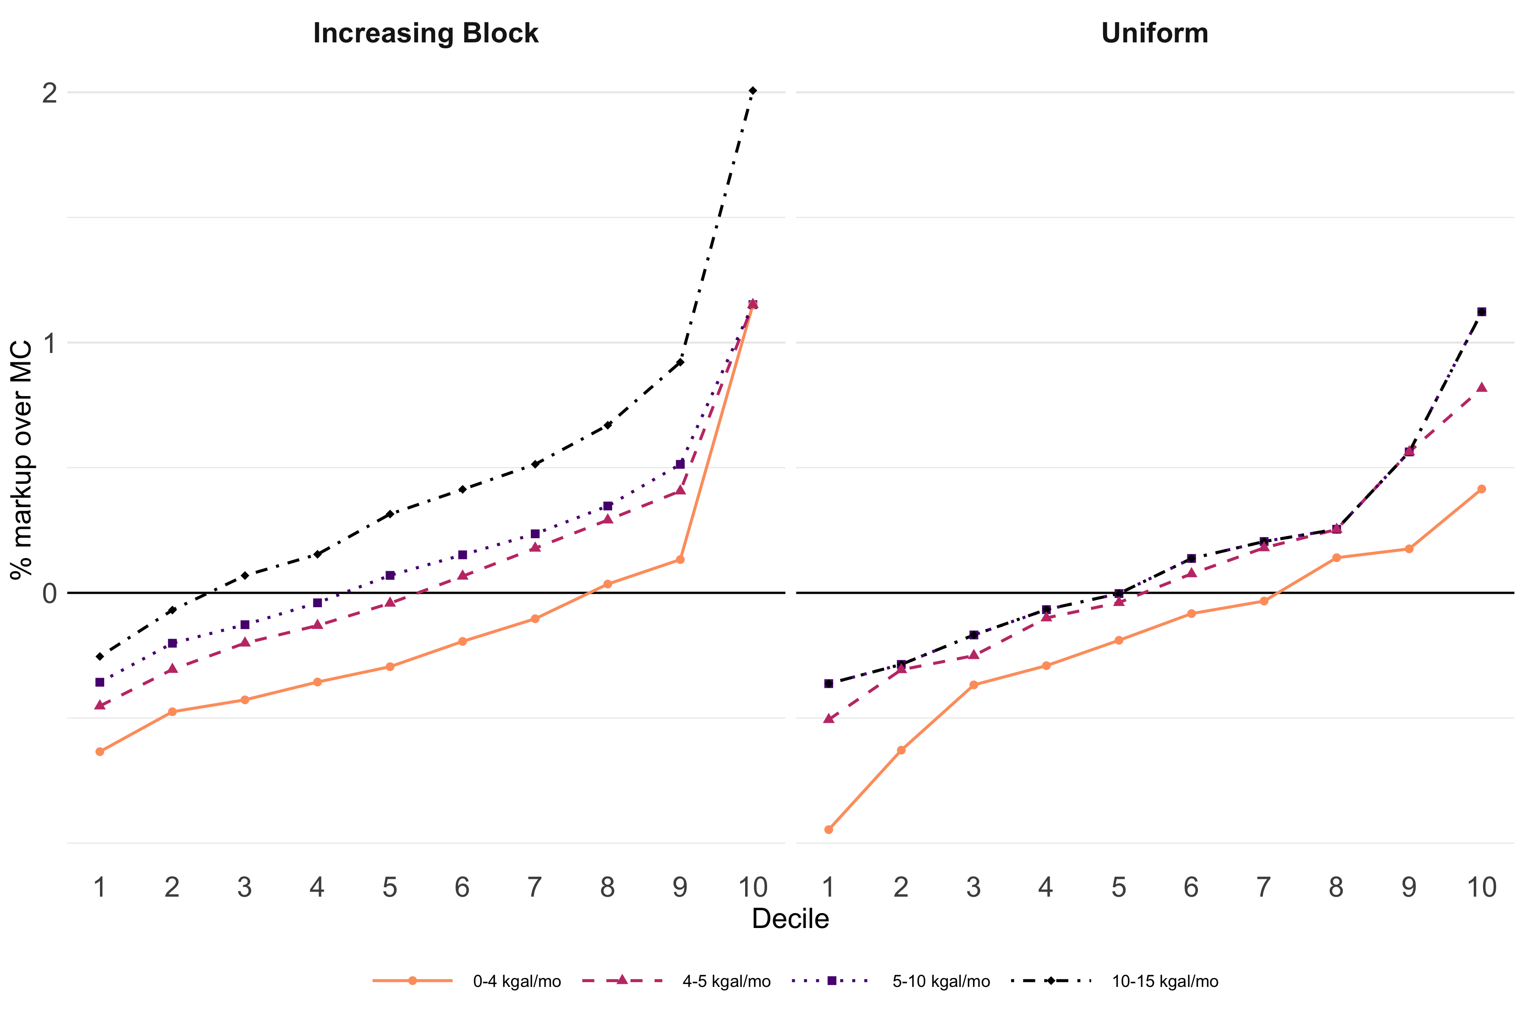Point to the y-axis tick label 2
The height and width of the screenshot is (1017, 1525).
(49, 93)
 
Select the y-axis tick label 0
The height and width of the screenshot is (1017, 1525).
(49, 593)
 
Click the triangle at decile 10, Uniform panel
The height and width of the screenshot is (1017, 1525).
(1481, 388)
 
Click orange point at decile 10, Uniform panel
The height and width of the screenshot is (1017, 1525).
(1481, 489)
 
